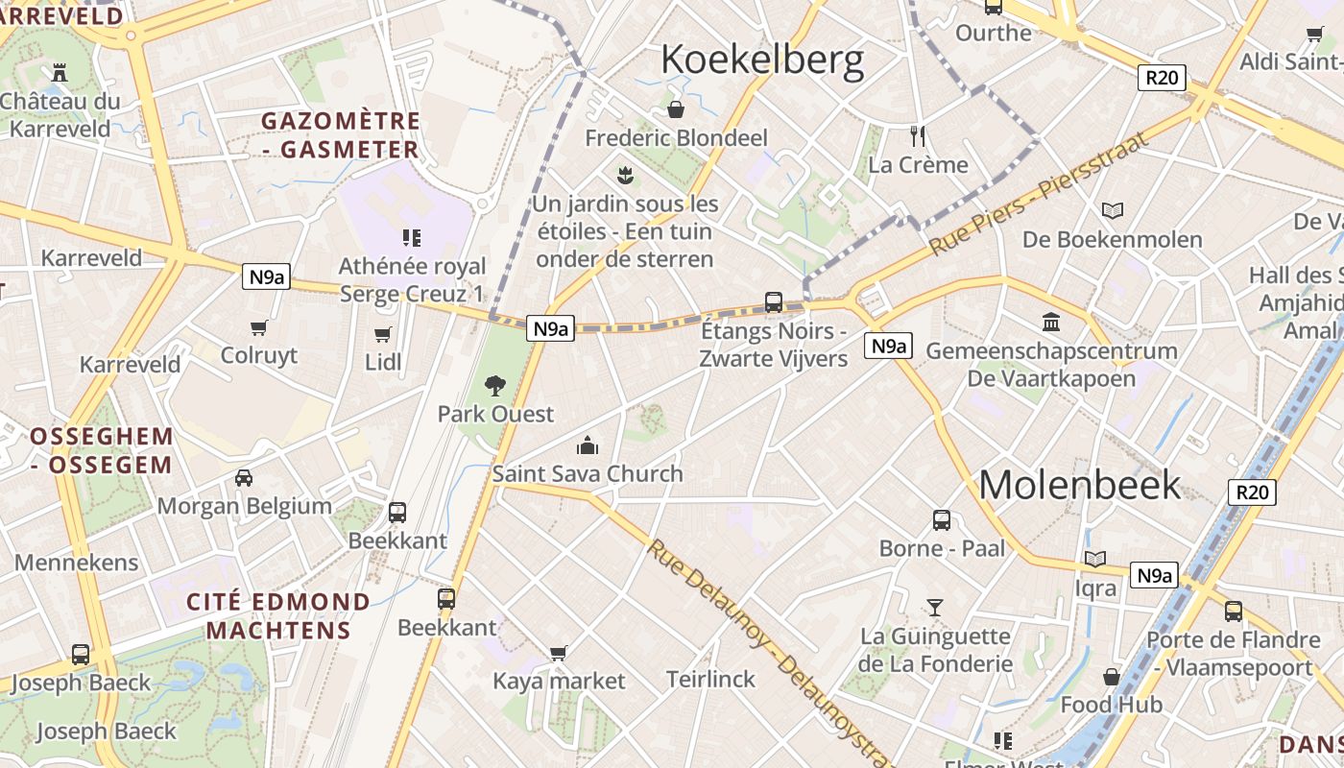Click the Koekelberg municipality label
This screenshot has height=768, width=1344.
762,60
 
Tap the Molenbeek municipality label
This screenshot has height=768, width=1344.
1079,485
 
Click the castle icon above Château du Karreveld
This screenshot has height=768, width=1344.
60,72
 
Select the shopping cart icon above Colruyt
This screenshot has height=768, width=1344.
258,328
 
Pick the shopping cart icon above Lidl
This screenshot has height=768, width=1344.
383,334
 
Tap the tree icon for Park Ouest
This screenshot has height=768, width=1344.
495,386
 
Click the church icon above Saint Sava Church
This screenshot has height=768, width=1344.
587,445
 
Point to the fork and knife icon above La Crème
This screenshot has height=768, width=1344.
918,135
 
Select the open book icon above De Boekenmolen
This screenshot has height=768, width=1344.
1113,210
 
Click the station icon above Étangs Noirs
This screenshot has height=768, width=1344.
773,302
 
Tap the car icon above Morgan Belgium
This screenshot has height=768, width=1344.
244,477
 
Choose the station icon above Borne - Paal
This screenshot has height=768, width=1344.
942,520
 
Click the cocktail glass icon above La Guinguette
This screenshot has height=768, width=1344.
934,607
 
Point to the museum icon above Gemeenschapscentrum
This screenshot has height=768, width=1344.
1051,323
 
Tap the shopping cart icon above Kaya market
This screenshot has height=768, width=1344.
559,653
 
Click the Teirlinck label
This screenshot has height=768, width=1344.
710,680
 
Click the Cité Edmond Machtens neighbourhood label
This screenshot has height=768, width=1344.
278,616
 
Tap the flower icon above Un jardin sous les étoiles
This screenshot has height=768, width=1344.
626,175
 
